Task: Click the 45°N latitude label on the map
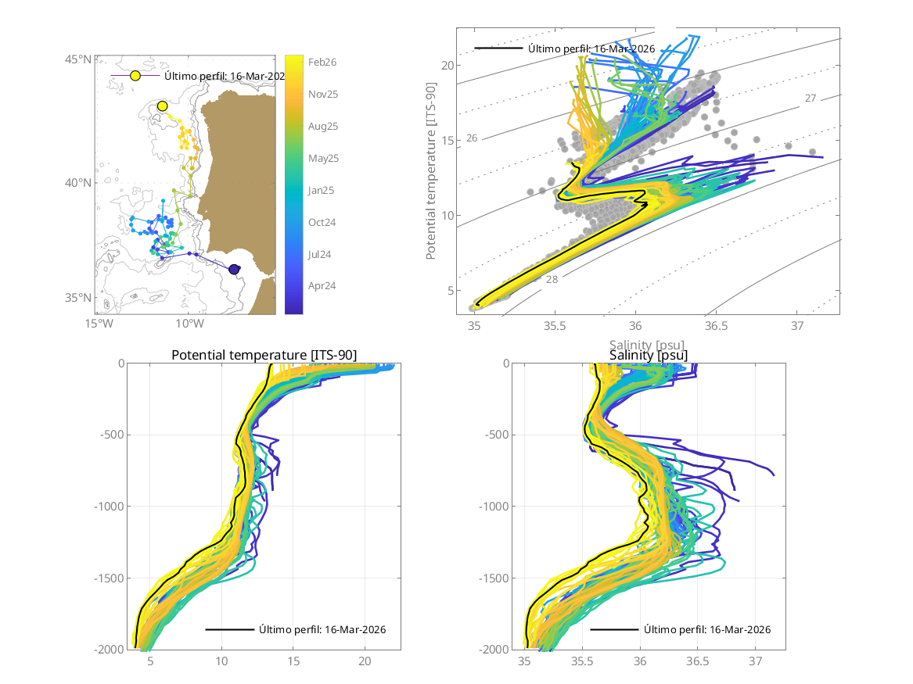[x=77, y=59]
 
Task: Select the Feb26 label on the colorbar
[x=322, y=63]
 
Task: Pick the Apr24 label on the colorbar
[x=322, y=286]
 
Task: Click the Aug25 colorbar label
[x=322, y=126]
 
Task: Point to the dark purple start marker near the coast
[x=234, y=270]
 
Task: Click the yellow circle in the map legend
[x=135, y=76]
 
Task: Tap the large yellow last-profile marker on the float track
[x=163, y=106]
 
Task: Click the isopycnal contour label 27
[x=811, y=98]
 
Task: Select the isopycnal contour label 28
[x=552, y=279]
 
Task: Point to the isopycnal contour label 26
[x=472, y=138]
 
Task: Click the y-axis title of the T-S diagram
[x=431, y=172]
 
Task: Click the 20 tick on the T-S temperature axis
[x=447, y=66]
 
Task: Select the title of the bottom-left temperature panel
[x=264, y=356]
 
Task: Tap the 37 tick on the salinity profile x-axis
[x=756, y=661]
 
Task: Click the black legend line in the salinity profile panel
[x=614, y=629]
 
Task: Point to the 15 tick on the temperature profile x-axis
[x=293, y=661]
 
